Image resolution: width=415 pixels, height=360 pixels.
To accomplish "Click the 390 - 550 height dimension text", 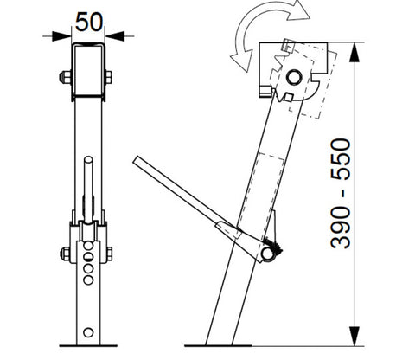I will point(343,193).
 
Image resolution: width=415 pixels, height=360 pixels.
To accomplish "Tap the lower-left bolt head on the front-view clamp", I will point(63,254).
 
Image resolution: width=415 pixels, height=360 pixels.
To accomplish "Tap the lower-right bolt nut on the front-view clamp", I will point(110,254).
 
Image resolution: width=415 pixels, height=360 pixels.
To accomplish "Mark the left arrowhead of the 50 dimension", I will point(66,35).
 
